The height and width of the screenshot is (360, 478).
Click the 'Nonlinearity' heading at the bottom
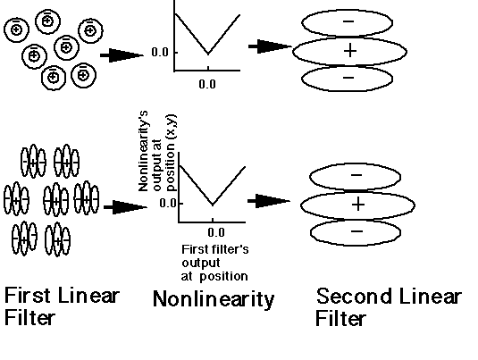click(214, 299)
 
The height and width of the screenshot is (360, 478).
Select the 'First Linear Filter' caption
click(62, 306)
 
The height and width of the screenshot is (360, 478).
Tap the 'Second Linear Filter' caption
click(389, 306)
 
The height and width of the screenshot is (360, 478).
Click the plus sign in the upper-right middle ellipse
click(350, 50)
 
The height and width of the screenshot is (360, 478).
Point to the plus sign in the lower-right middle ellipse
click(358, 204)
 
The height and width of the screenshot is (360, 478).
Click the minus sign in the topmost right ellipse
click(348, 21)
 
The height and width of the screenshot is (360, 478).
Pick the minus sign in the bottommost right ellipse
click(357, 231)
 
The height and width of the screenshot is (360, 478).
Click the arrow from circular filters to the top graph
click(122, 55)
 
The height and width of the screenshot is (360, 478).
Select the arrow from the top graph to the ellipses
click(270, 46)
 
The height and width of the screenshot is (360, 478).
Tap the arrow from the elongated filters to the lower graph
click(126, 207)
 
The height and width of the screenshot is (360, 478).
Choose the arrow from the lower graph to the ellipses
click(269, 201)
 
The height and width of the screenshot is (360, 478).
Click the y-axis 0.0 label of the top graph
click(160, 53)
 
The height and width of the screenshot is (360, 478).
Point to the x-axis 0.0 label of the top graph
click(207, 84)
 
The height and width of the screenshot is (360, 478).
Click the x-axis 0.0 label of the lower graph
click(216, 232)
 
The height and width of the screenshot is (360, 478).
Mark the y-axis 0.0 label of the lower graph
click(168, 203)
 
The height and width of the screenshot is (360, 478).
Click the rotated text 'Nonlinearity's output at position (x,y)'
click(157, 151)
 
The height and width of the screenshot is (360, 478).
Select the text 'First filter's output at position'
click(215, 263)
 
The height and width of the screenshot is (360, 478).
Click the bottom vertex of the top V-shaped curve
click(208, 54)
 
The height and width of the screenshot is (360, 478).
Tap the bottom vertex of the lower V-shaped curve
click(213, 205)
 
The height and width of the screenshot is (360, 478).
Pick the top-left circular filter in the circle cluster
click(16, 29)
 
